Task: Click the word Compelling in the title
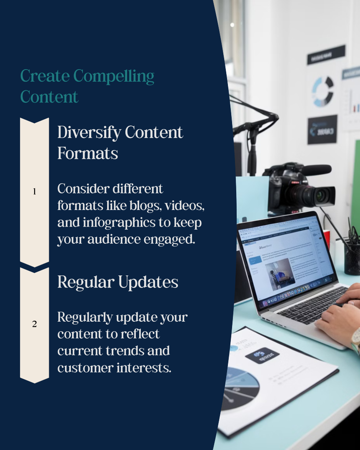pos(114,77)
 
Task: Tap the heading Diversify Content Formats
pos(120,142)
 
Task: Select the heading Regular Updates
pos(117,282)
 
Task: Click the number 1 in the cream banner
pos(35,192)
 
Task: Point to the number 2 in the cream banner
pos(35,324)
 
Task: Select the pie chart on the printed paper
pos(237,387)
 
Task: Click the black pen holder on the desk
pos(352,258)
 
